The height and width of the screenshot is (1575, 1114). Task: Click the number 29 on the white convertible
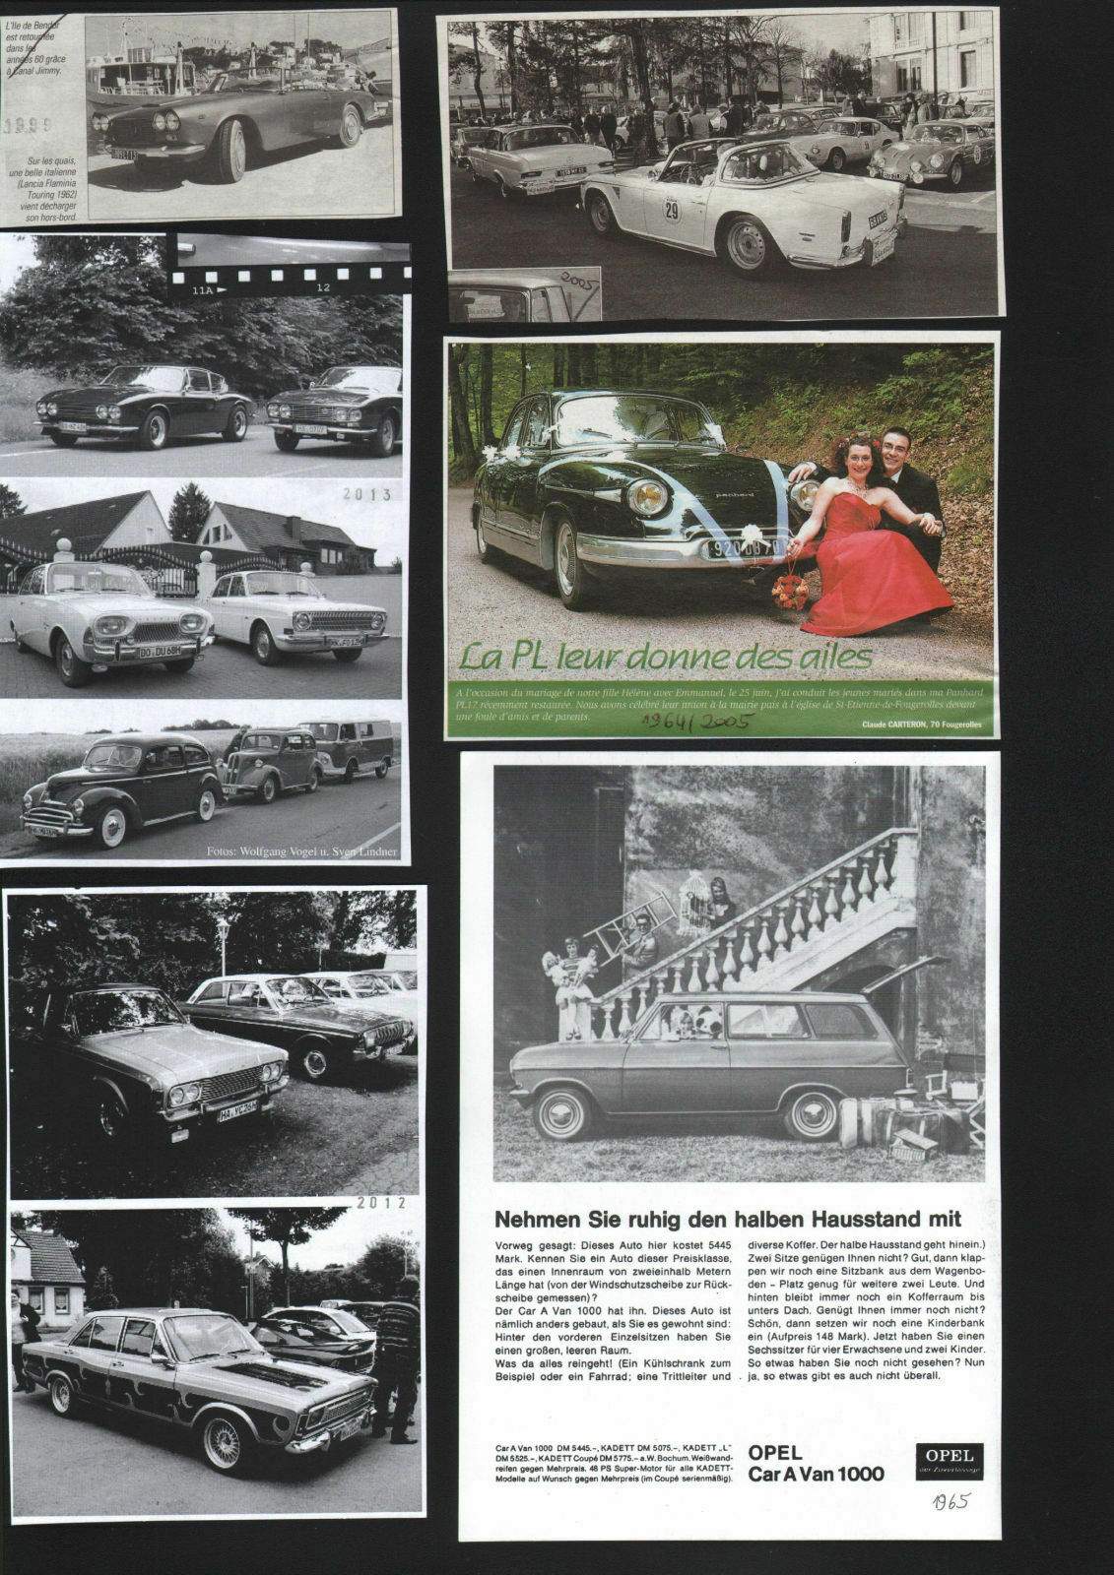(672, 210)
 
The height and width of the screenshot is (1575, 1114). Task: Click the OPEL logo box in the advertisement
(949, 1461)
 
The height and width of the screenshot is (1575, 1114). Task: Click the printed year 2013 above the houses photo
(367, 495)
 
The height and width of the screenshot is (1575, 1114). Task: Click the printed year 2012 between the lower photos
(381, 1202)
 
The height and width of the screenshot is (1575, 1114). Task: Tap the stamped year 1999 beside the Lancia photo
(27, 126)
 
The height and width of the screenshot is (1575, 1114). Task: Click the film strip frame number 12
(322, 289)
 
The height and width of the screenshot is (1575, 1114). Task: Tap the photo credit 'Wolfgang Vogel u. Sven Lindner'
(301, 851)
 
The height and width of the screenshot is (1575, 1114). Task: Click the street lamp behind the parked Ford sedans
(223, 932)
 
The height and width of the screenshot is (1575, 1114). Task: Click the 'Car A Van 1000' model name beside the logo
(816, 1474)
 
